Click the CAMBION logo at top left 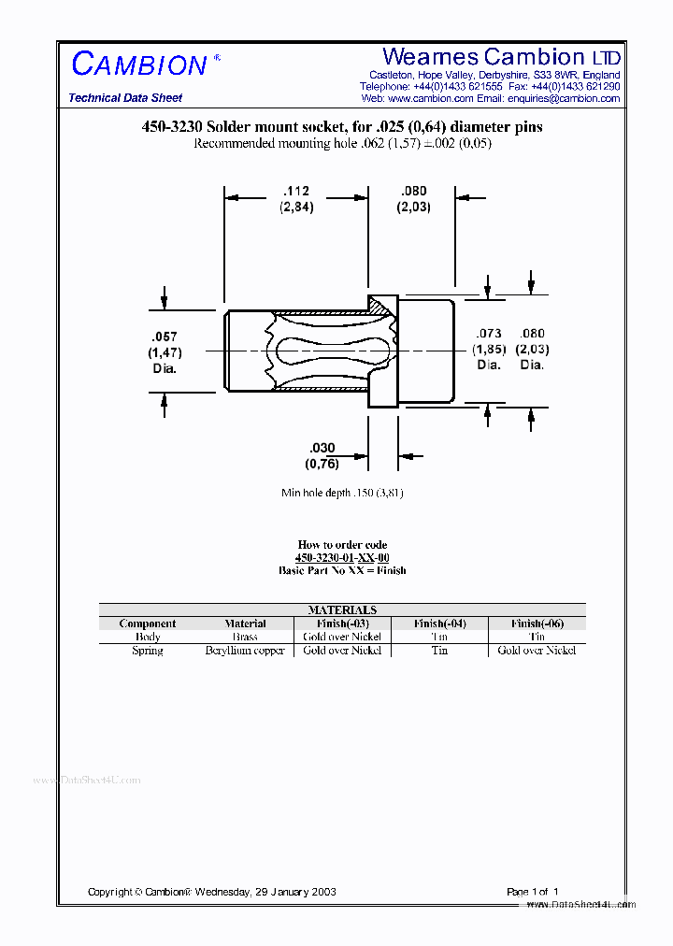tap(140, 64)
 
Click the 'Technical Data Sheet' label tap(125, 98)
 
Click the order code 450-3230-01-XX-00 tap(342, 557)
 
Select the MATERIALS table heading tap(342, 609)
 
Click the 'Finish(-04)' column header tap(439, 623)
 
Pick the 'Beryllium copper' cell tap(245, 650)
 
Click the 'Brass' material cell tap(245, 637)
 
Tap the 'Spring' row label tap(148, 650)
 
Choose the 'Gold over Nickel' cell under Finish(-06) tap(537, 650)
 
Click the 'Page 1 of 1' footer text tap(533, 892)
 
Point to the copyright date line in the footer tap(212, 892)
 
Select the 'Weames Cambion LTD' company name tap(501, 58)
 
